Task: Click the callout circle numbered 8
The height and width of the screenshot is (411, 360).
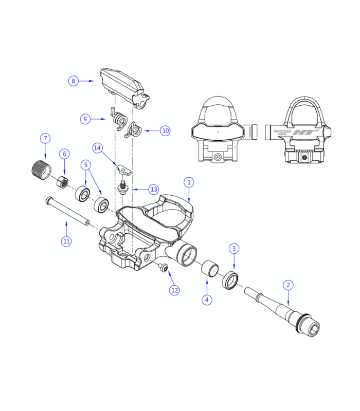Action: click(74, 81)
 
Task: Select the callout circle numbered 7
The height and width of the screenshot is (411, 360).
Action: click(45, 138)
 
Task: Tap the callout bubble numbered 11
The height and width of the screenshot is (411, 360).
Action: click(66, 241)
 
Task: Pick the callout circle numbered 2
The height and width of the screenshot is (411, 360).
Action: click(289, 285)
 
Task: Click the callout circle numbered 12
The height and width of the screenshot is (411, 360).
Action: click(175, 290)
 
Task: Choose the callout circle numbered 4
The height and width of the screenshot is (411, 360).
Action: click(207, 299)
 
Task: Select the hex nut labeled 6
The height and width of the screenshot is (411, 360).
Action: click(61, 181)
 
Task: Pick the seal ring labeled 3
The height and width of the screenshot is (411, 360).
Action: click(230, 280)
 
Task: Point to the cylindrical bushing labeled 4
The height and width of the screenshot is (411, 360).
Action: click(209, 269)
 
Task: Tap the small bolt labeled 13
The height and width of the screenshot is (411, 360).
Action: click(123, 185)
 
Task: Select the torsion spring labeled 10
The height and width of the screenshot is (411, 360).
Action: click(134, 130)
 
